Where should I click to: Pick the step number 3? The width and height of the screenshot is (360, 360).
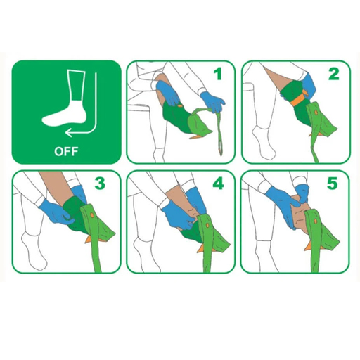[101, 184]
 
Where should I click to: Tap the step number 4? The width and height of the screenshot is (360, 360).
[217, 184]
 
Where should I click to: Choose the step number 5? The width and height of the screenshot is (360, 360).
[333, 184]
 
